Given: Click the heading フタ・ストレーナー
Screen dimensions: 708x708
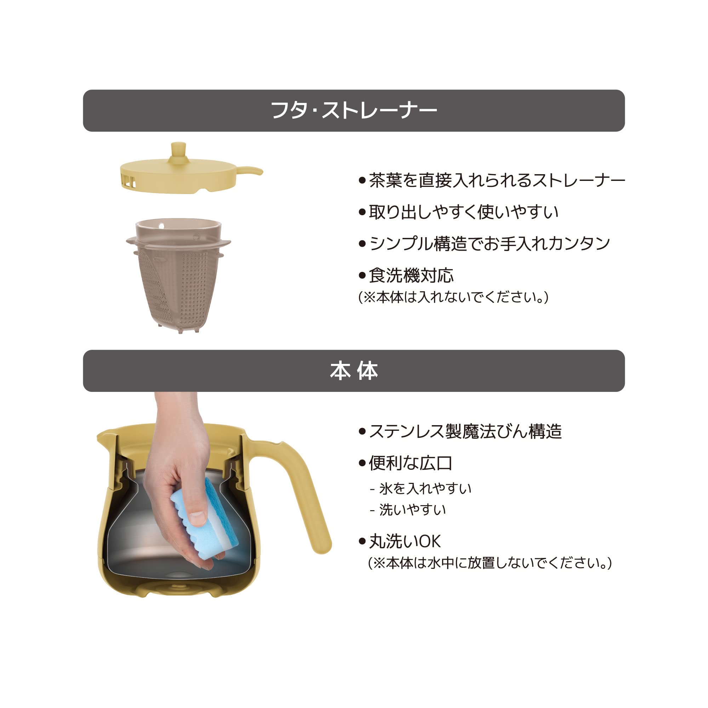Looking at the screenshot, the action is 354,110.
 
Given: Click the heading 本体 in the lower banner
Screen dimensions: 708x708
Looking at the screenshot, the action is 354,371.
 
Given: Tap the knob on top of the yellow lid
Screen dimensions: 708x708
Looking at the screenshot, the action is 178,152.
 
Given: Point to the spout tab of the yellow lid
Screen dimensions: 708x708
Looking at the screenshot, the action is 250,171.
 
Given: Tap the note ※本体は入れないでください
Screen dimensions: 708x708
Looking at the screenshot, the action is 453,297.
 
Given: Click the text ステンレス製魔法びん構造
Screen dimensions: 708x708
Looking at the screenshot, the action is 466,431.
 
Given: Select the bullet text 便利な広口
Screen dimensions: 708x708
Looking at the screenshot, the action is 410,463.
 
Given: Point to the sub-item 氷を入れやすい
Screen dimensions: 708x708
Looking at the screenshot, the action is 425,489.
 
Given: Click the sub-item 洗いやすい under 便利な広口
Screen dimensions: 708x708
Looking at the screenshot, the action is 412,510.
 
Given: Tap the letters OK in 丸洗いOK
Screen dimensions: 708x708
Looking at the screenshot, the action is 429,542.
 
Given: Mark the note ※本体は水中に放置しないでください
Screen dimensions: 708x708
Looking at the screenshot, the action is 490,563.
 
